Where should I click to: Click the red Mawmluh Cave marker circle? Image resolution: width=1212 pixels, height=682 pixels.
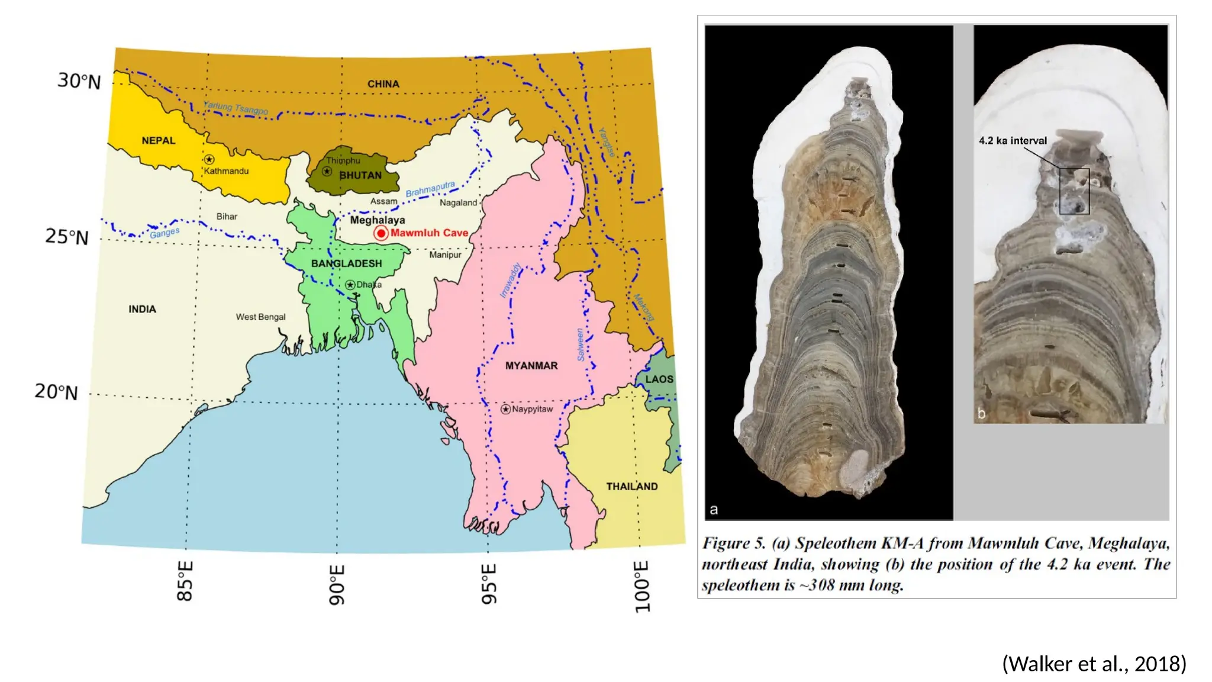pyautogui.click(x=381, y=233)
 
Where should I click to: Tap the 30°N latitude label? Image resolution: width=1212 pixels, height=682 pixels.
pyautogui.click(x=79, y=81)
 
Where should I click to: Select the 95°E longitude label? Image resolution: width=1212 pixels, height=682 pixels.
pyautogui.click(x=489, y=584)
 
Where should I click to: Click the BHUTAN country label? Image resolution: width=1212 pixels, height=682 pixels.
pyautogui.click(x=360, y=176)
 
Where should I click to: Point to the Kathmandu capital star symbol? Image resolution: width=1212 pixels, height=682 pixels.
pyautogui.click(x=209, y=159)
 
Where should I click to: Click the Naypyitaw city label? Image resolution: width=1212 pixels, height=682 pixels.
pyautogui.click(x=533, y=409)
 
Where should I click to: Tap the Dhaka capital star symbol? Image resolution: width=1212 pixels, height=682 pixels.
pyautogui.click(x=350, y=285)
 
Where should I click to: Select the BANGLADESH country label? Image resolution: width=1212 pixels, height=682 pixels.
pyautogui.click(x=347, y=263)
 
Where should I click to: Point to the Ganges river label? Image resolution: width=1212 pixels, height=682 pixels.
pyautogui.click(x=165, y=233)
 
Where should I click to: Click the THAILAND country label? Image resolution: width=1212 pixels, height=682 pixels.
pyautogui.click(x=631, y=487)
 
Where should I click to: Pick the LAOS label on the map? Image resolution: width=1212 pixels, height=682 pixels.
pyautogui.click(x=659, y=379)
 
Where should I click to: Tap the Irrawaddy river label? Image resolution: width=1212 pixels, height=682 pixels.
pyautogui.click(x=510, y=280)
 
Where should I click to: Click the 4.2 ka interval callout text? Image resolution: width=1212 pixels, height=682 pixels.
pyautogui.click(x=1013, y=141)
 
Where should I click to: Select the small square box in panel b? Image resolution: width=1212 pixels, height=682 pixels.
pyautogui.click(x=1074, y=191)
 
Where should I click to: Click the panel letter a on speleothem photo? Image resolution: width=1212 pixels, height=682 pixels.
pyautogui.click(x=714, y=510)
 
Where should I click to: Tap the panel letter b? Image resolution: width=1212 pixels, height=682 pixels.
pyautogui.click(x=981, y=414)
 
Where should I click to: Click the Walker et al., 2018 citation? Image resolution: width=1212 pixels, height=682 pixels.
pyautogui.click(x=1094, y=664)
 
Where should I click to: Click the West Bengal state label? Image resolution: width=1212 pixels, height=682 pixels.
pyautogui.click(x=260, y=317)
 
